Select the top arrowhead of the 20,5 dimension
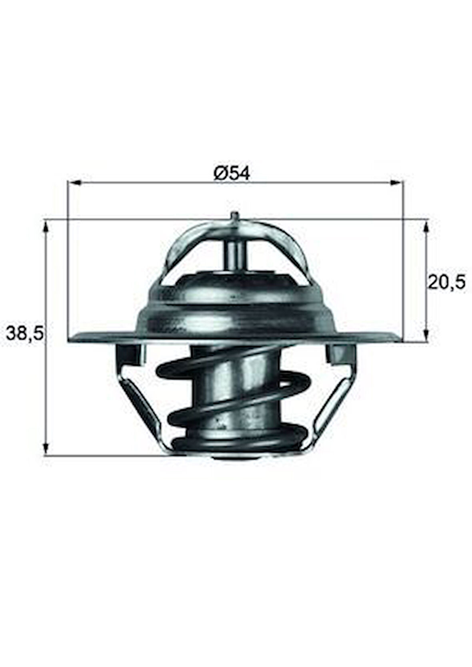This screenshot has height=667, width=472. (x=426, y=227)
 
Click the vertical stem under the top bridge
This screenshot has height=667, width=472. (x=235, y=256)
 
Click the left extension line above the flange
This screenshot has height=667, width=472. (x=68, y=260)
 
